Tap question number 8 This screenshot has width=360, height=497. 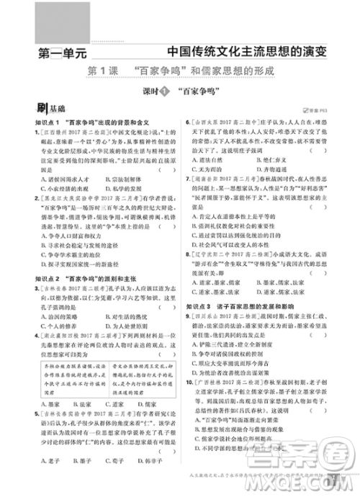[189, 255]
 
